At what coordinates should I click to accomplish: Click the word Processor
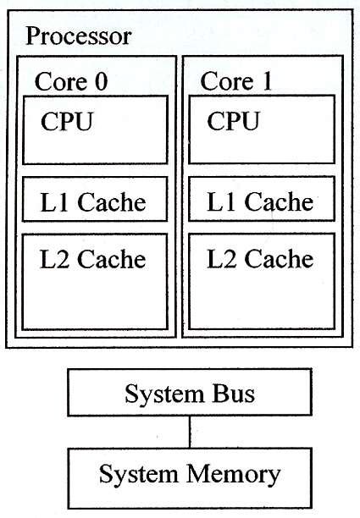coord(78,37)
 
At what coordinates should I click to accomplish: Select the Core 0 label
coord(72,82)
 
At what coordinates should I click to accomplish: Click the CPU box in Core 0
coord(95,130)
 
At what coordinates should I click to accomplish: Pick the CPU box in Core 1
coord(261,130)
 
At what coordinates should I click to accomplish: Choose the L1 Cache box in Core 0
coord(95,202)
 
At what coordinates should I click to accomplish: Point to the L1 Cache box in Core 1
coord(261,202)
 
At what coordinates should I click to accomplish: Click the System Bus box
coord(189,394)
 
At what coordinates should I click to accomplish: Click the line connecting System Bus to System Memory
coord(189,431)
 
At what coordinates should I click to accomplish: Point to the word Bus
coord(233,394)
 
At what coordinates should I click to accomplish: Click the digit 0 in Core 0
coord(102,83)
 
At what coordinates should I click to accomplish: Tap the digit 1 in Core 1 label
coord(269,83)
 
